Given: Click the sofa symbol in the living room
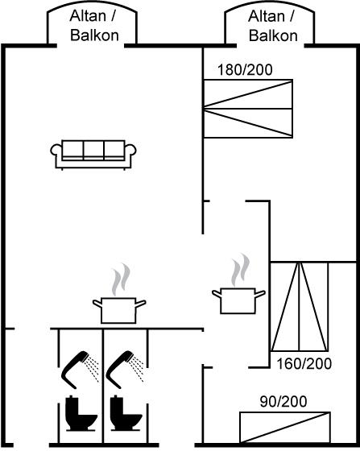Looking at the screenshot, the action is coord(93,155).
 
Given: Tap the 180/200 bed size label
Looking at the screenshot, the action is coord(245,70).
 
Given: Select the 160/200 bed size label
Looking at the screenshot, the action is coord(304,364).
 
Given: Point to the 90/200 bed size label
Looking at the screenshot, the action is coord(283,402).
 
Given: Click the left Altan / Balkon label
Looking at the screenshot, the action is coord(93,26).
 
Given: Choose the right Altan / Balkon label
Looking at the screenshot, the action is coord(272,26).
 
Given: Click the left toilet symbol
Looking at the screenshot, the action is coord(81,414).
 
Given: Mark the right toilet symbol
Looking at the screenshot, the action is coord(126,414).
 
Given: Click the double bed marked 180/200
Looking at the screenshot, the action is coord(248,109).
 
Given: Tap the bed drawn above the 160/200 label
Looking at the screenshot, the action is coord(300,307).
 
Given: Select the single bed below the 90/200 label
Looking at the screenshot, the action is coord(285,428).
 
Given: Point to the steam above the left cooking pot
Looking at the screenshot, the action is coord(121,279).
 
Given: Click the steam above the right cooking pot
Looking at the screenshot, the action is coord(240,270).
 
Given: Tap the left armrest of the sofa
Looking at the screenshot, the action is coord(56,150).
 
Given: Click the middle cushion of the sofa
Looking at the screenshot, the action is coord(93,150).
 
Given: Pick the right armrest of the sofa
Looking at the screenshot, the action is coord(130,150).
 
